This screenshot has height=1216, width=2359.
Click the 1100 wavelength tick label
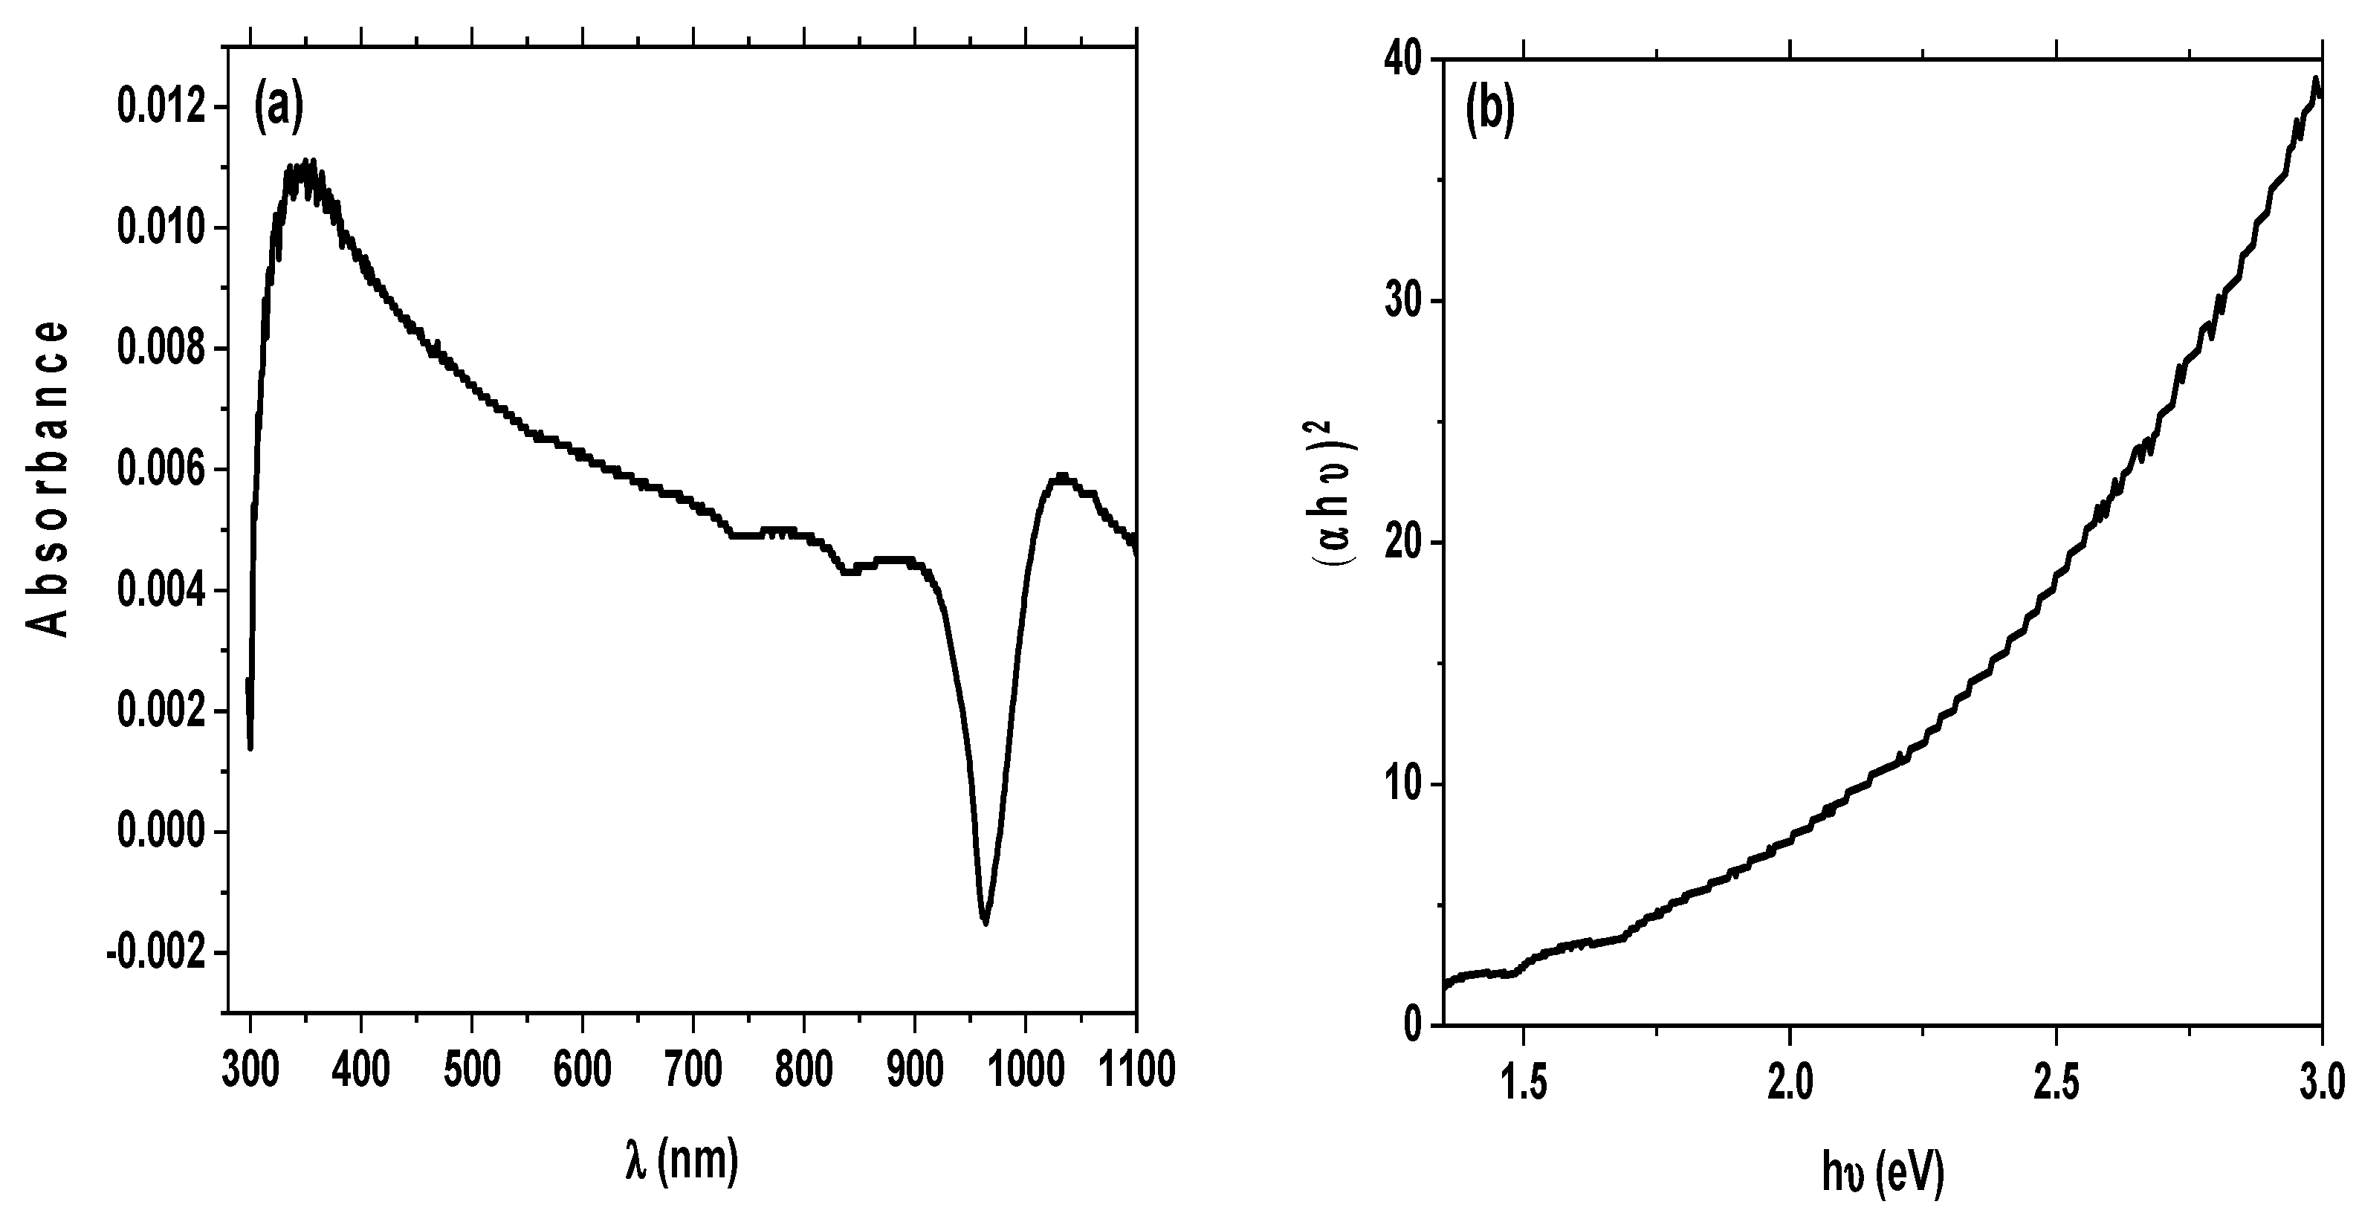(x=1136, y=1070)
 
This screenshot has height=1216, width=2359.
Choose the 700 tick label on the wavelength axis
(x=693, y=1070)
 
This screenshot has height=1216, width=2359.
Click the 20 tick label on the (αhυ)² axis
(x=1401, y=543)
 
